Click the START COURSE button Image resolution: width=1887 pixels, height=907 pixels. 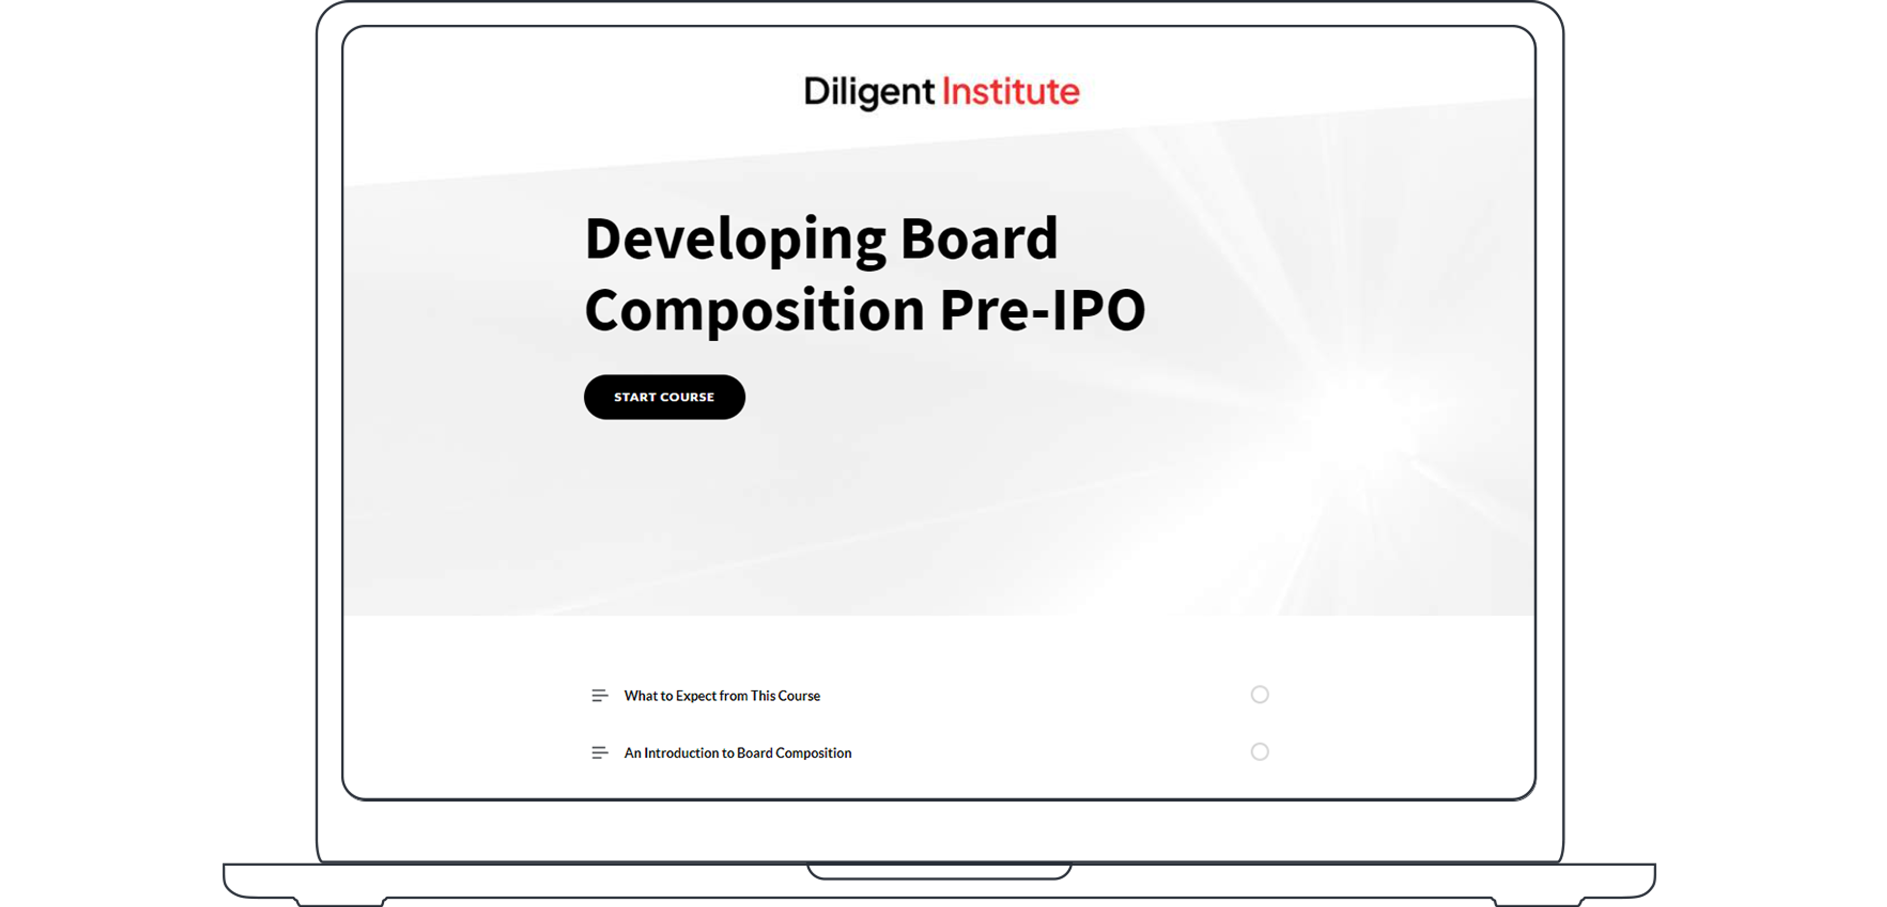(x=664, y=397)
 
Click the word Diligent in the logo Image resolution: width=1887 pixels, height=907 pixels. (x=869, y=92)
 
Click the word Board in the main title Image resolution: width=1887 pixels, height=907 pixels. (x=979, y=239)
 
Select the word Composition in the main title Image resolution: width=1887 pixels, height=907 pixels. (x=754, y=310)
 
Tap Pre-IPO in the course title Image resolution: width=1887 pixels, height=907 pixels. (x=1042, y=310)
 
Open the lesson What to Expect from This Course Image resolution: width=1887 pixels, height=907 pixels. (x=721, y=695)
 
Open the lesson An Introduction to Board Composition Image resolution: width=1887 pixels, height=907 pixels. (x=737, y=752)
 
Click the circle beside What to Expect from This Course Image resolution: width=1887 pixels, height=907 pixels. (x=1259, y=694)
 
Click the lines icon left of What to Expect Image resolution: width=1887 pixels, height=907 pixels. (x=599, y=695)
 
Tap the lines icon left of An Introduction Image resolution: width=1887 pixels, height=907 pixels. (x=599, y=752)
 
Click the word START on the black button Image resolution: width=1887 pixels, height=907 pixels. (x=634, y=397)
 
